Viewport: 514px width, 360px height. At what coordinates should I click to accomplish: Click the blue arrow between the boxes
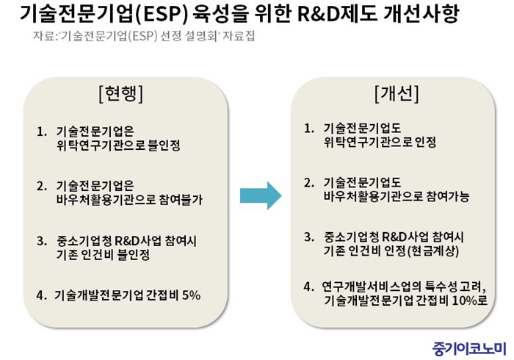coord(261,195)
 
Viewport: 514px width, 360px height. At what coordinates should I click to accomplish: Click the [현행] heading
coord(120,94)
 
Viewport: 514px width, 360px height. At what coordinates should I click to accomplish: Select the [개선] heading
coord(397,94)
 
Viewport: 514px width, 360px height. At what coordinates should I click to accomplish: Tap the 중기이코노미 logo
coord(469,348)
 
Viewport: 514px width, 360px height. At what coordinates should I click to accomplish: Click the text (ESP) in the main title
coord(162,13)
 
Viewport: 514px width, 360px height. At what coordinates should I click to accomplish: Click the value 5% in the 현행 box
coord(191,295)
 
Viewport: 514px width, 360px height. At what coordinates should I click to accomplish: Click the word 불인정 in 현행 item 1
coord(164,145)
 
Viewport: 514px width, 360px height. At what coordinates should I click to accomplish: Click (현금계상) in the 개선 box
coord(433,251)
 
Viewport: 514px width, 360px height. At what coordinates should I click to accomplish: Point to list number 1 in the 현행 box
coord(41,132)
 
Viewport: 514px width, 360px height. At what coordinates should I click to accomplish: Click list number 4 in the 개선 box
coord(309,287)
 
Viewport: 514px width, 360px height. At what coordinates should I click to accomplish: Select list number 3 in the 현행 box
coord(42,241)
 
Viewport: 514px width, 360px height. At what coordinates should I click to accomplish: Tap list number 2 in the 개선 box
coord(309,183)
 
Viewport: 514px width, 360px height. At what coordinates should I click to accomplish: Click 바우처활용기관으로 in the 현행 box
coord(106,199)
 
